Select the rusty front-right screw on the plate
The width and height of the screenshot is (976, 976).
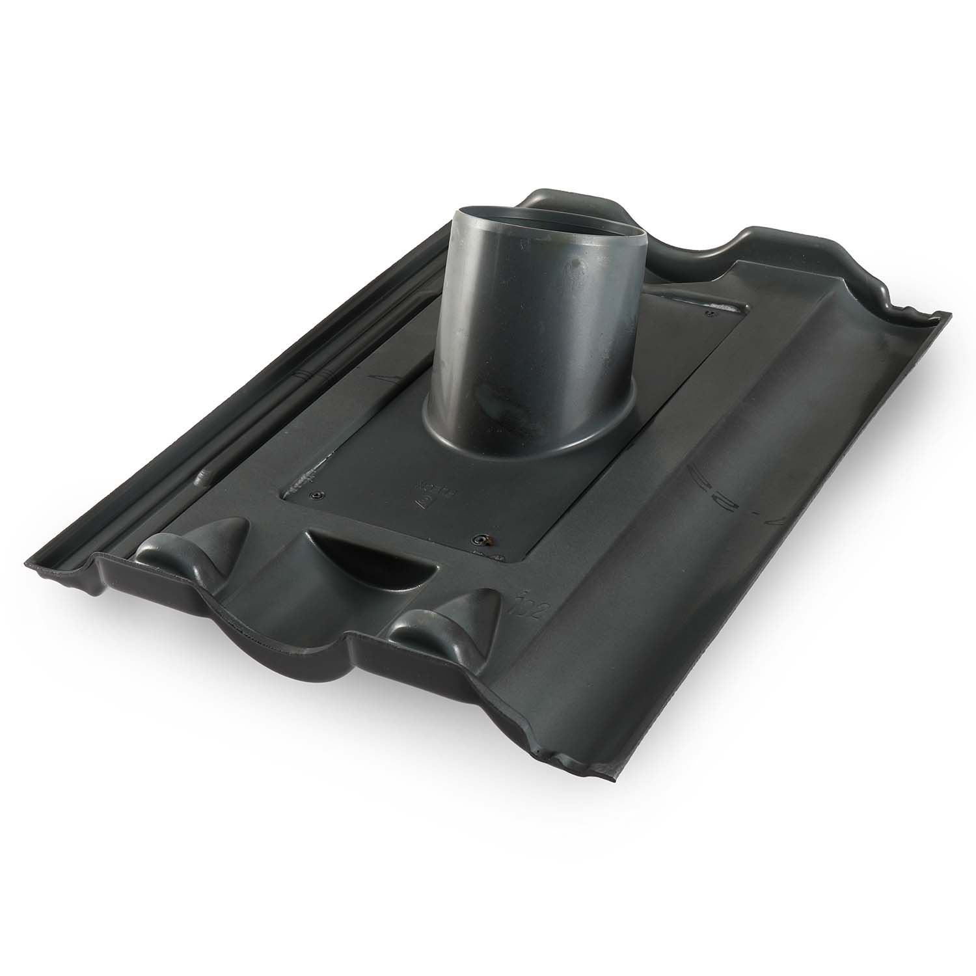coord(481,539)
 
